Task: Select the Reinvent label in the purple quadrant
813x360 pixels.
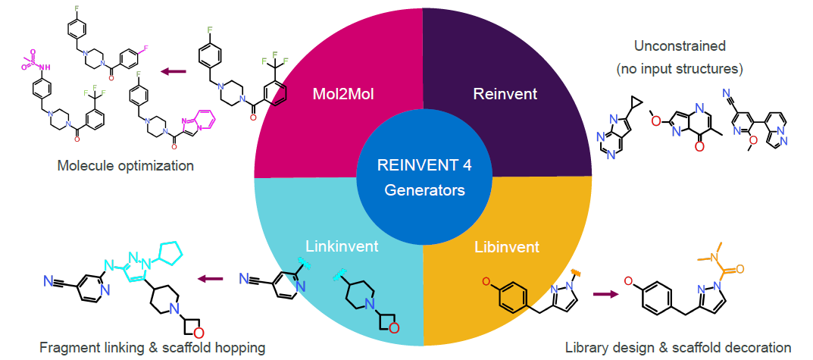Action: (x=505, y=95)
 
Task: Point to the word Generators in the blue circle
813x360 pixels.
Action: (x=424, y=191)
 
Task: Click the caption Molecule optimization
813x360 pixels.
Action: (x=126, y=166)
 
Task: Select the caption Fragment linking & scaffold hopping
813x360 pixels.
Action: (x=152, y=347)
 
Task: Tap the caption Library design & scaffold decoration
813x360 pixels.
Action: (x=678, y=347)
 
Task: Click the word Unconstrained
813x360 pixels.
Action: (x=680, y=45)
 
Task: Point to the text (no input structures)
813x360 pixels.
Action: (x=680, y=68)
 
